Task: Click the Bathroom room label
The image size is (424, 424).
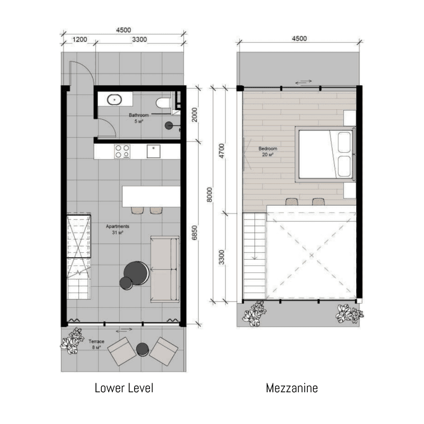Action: point(139,115)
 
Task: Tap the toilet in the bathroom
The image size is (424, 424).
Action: point(163,103)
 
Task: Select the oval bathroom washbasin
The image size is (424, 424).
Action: point(114,100)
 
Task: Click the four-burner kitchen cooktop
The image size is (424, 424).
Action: point(122,152)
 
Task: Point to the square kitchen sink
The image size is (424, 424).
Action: point(154,152)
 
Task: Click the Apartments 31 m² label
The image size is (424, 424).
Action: point(118,229)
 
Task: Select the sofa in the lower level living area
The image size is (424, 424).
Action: point(165,269)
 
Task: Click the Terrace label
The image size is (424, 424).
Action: point(96,341)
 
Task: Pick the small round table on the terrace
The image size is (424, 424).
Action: point(143,349)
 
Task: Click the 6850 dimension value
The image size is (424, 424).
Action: point(195,233)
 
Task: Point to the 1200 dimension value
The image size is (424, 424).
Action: point(80,39)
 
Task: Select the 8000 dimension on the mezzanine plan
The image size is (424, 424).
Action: point(209,195)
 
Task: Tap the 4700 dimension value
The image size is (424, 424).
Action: point(222,151)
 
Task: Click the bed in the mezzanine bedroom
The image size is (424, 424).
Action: point(325,154)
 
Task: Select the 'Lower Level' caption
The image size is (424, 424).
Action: point(124,388)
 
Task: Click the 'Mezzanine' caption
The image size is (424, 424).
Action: point(292,388)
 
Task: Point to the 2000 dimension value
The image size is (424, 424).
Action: point(195,114)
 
